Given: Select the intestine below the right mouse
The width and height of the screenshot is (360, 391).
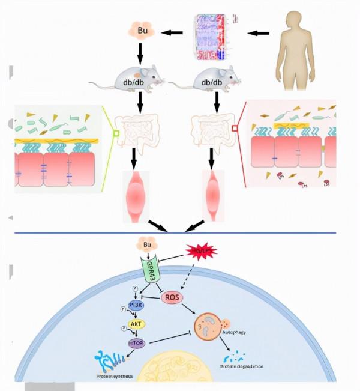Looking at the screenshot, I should (x=212, y=126).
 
